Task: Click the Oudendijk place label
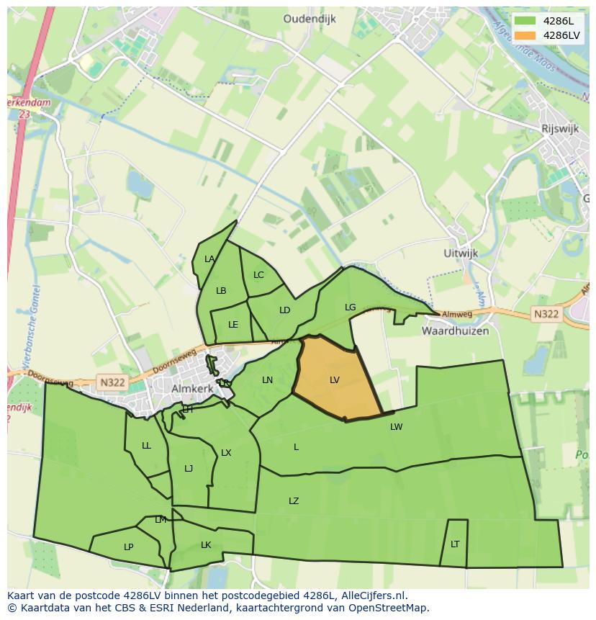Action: pyautogui.click(x=310, y=19)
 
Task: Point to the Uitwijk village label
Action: pyautogui.click(x=461, y=253)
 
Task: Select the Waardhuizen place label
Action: pyautogui.click(x=455, y=331)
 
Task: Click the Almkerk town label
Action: pyautogui.click(x=194, y=388)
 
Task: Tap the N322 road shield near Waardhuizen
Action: pyautogui.click(x=546, y=314)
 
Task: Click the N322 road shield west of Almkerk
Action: pyautogui.click(x=112, y=382)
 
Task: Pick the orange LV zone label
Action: pyautogui.click(x=335, y=379)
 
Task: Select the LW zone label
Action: pyautogui.click(x=397, y=426)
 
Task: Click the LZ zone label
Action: pyautogui.click(x=294, y=501)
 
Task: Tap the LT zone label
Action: pyautogui.click(x=455, y=544)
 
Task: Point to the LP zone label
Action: pyautogui.click(x=128, y=547)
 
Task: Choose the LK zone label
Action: pyautogui.click(x=206, y=545)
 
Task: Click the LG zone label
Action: pyautogui.click(x=351, y=307)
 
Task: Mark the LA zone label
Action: pyautogui.click(x=209, y=259)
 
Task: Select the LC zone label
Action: pyautogui.click(x=258, y=275)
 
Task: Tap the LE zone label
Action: pyautogui.click(x=233, y=325)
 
